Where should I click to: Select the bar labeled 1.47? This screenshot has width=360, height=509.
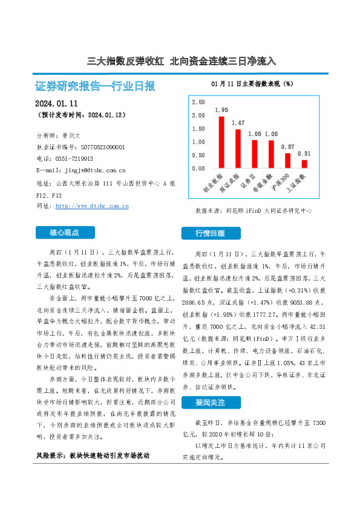click(x=238, y=149)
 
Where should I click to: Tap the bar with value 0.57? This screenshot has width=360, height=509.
click(x=287, y=161)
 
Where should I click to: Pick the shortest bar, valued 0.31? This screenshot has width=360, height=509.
click(x=304, y=164)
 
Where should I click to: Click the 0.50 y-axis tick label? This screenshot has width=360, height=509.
click(x=198, y=155)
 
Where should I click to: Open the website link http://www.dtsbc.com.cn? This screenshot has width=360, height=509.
click(x=91, y=206)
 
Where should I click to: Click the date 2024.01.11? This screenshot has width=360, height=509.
click(x=57, y=103)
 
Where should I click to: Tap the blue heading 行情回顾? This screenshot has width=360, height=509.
click(x=209, y=233)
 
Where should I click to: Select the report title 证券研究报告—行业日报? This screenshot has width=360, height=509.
click(x=96, y=86)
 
